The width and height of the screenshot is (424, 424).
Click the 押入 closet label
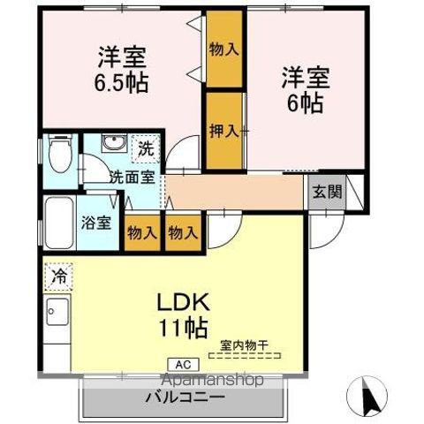[x=223, y=132]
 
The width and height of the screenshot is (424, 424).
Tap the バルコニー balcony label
[x=185, y=397]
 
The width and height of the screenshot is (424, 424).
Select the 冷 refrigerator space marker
[x=57, y=275]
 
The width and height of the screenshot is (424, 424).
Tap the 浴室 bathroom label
[x=97, y=222]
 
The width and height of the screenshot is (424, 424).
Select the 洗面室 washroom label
[x=132, y=176]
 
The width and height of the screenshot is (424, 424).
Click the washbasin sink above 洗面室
[x=113, y=145]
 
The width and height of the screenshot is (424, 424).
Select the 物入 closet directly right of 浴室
[x=141, y=234]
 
